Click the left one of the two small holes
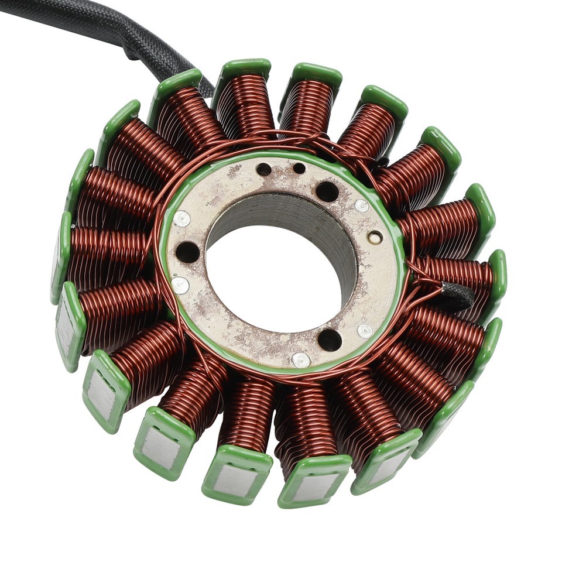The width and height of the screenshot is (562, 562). pyautogui.click(x=264, y=170)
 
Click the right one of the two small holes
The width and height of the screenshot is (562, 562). pyautogui.click(x=299, y=169)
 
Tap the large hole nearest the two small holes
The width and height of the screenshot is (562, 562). pyautogui.click(x=327, y=191)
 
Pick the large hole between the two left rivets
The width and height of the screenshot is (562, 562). pyautogui.click(x=187, y=252)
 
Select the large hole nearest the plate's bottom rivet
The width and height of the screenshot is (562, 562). pyautogui.click(x=330, y=340)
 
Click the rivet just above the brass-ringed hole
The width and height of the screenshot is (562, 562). pyautogui.click(x=362, y=205)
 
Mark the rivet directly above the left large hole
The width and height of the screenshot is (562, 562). pyautogui.click(x=181, y=219)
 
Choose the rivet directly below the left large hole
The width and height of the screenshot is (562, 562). pyautogui.click(x=181, y=285)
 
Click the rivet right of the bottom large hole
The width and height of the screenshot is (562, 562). pyautogui.click(x=365, y=331)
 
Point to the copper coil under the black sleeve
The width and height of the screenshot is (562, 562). pyautogui.click(x=462, y=275)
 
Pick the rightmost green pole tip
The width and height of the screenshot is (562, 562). pyautogui.click(x=498, y=275)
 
